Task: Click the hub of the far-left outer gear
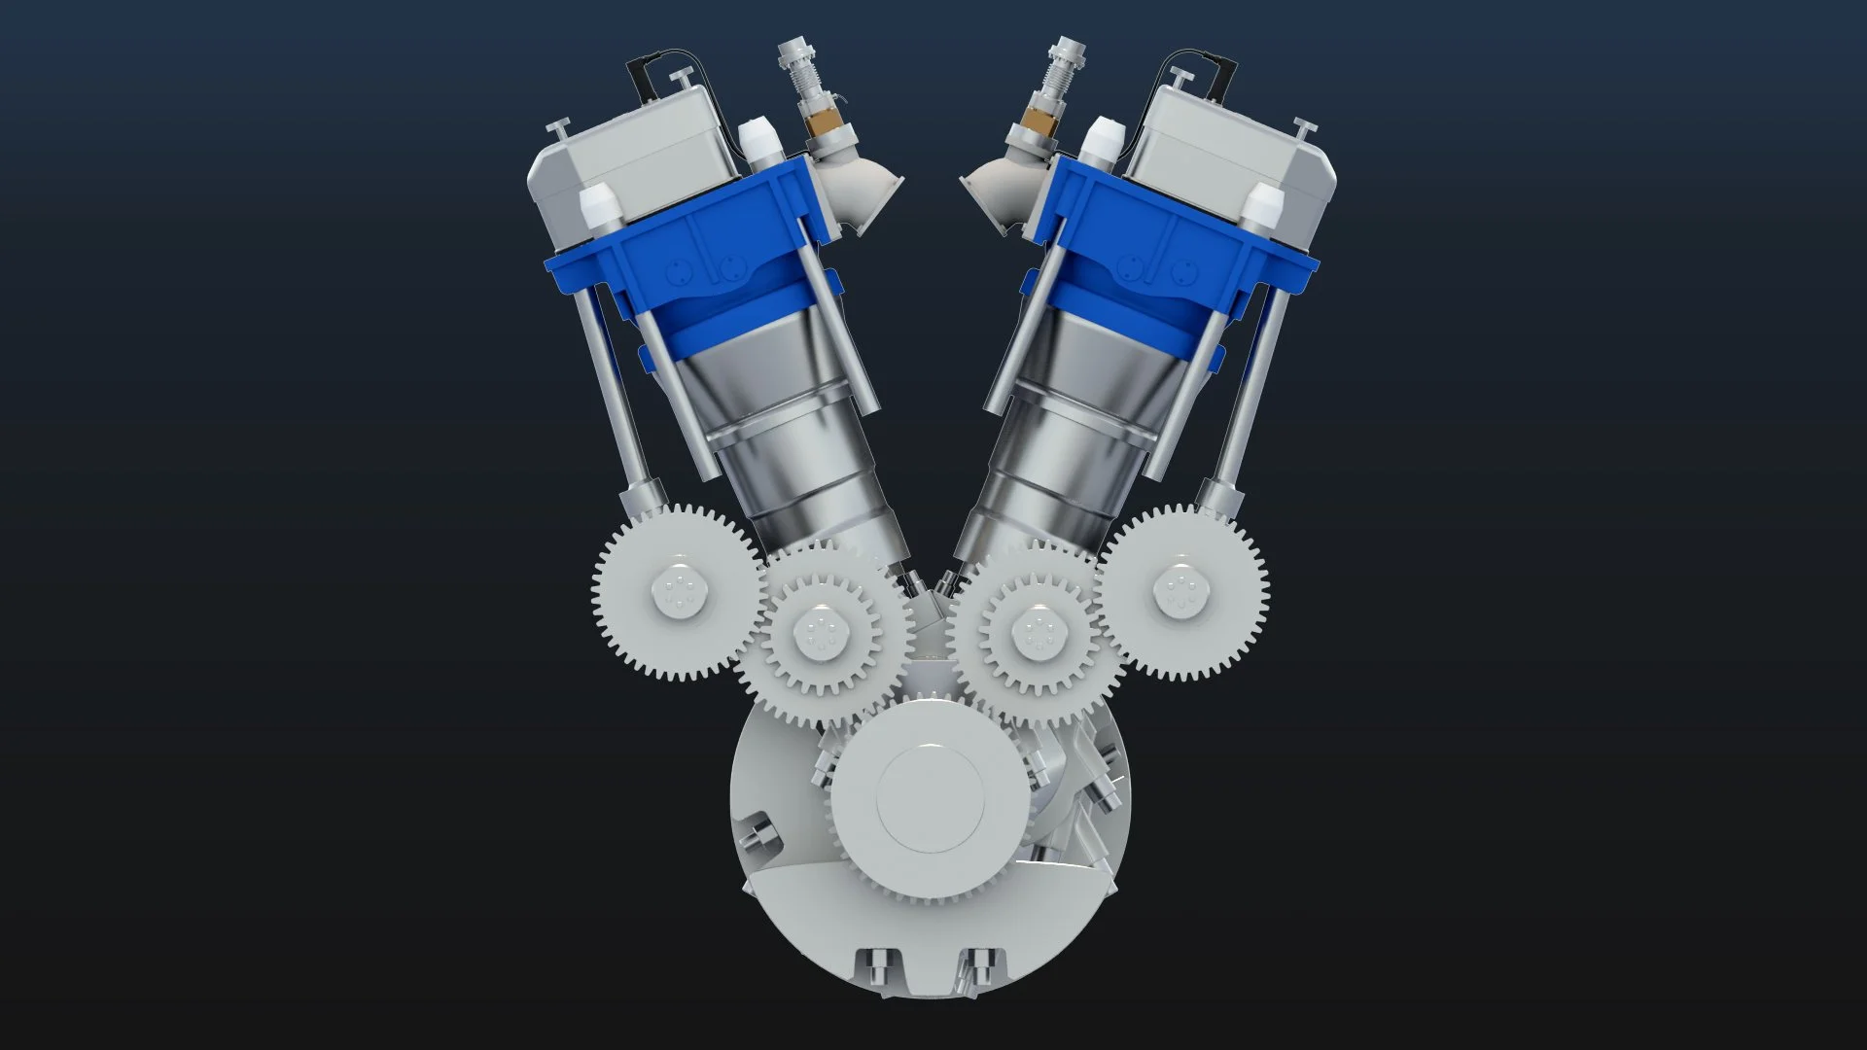pyautogui.click(x=678, y=589)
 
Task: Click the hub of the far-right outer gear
pyautogui.click(x=1181, y=588)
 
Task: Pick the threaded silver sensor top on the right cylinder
pyautogui.click(x=1060, y=62)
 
